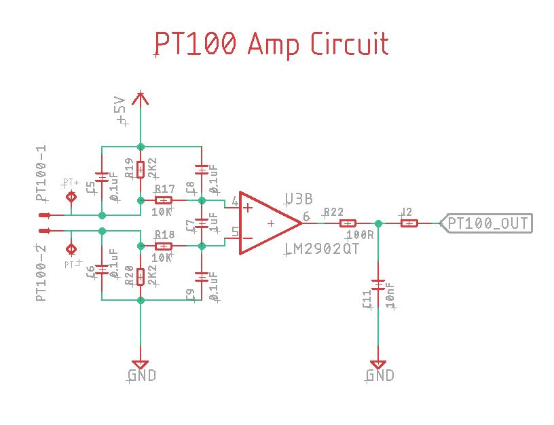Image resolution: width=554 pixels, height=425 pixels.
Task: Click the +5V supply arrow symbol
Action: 141,99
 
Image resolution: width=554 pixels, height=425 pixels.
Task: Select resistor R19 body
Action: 141,168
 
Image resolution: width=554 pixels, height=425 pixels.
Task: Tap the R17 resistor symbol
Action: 164,200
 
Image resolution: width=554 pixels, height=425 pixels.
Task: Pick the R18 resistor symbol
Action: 164,245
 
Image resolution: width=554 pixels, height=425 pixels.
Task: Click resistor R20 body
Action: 141,277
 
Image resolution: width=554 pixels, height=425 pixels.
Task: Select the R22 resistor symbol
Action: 348,223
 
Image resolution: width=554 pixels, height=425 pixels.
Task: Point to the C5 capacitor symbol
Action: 102,178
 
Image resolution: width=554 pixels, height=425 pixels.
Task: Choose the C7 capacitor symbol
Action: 202,223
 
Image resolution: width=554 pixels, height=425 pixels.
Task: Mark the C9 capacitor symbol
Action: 202,277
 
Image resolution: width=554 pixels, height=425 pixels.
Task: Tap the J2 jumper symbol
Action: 408,223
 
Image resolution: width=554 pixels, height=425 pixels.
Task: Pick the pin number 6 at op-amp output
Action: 306,217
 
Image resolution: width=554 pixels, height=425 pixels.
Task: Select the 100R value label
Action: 360,235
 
